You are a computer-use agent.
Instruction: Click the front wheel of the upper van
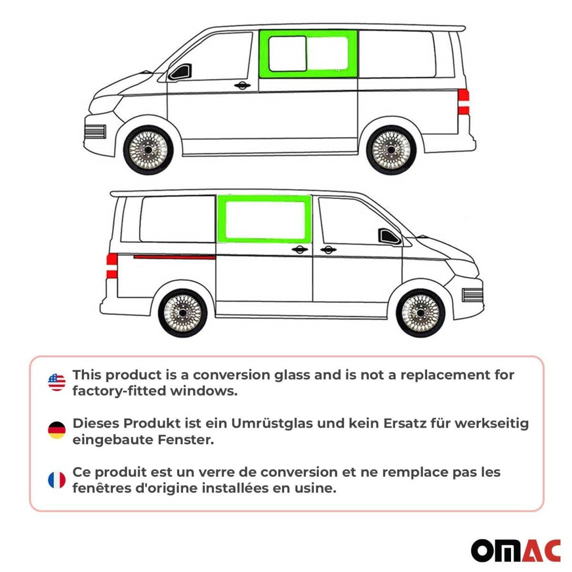pos(147,149)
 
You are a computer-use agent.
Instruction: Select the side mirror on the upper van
pos(182,73)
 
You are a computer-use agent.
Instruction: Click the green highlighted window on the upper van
pos(308,53)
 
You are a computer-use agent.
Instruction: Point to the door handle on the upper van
pos(243,86)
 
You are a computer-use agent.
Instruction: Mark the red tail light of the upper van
pos(463,102)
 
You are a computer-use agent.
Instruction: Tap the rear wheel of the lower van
pos(182,313)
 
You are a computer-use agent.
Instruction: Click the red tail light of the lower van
pos(112,265)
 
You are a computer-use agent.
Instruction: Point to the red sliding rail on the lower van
pos(174,257)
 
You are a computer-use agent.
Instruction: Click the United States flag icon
pos(57,382)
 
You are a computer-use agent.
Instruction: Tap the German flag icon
pos(57,430)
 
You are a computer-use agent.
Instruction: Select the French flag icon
pos(57,480)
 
